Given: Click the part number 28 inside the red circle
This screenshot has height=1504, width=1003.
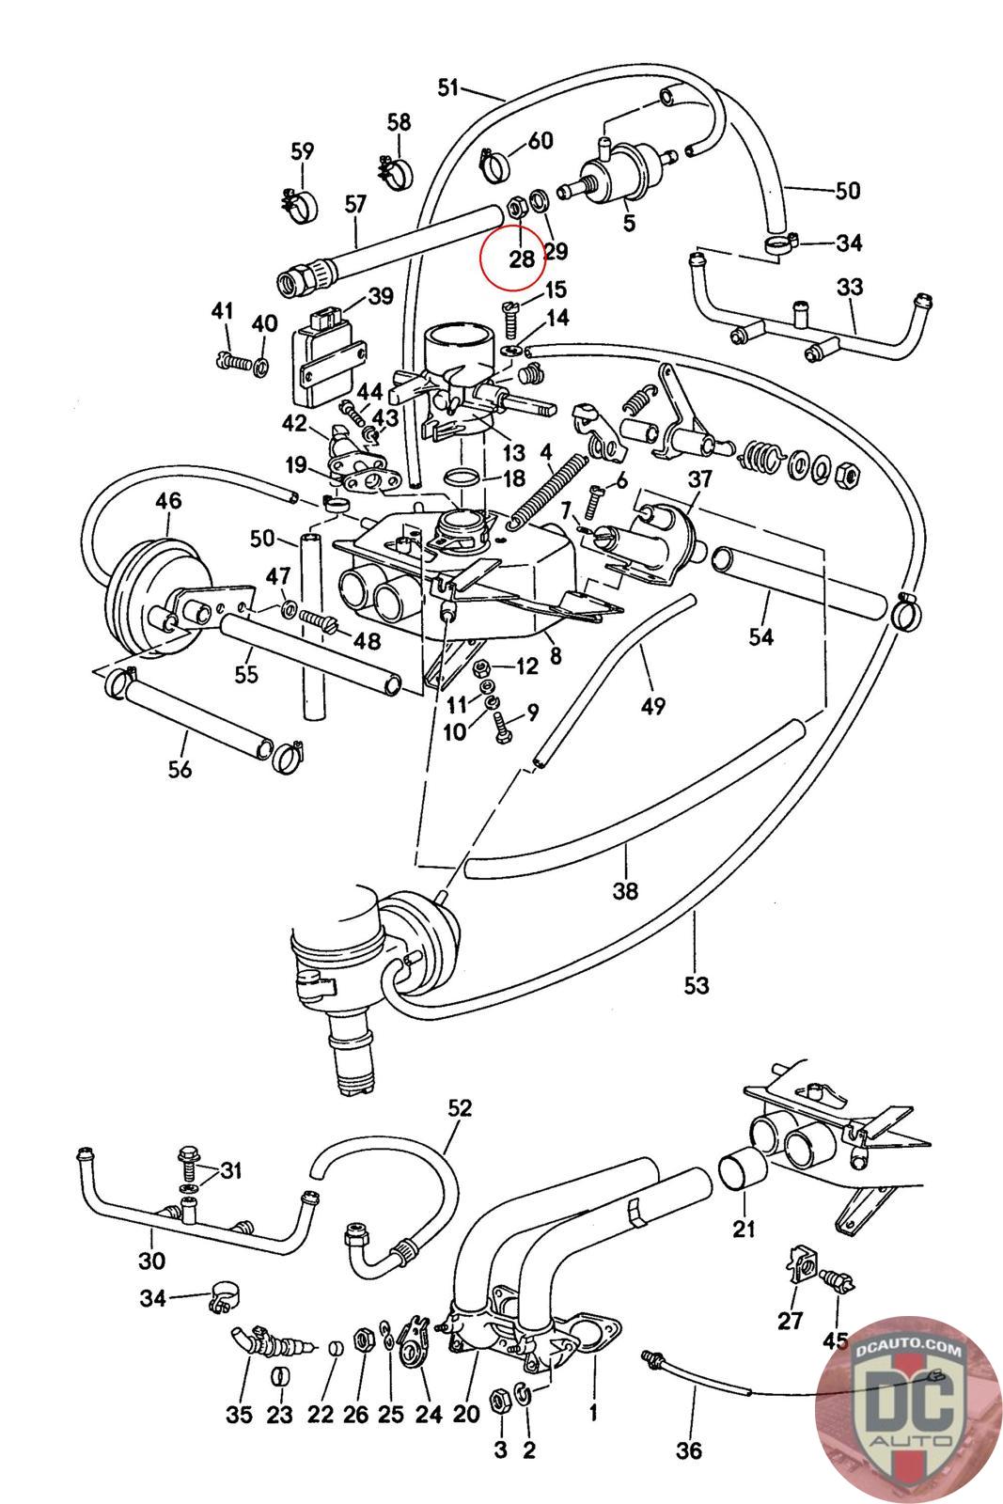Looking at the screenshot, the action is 521,259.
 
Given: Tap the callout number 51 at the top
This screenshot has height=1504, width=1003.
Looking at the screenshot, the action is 448,87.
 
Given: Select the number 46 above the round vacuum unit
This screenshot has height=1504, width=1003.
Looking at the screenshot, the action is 168,502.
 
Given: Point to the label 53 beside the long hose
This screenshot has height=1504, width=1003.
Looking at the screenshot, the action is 697,986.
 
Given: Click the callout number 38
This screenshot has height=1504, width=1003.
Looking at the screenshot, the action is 625,890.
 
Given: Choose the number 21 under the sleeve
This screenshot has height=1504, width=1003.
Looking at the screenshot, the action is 744,1228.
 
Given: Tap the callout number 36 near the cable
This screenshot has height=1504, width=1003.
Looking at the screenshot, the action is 689,1450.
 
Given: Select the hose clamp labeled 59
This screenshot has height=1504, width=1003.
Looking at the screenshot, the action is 297,204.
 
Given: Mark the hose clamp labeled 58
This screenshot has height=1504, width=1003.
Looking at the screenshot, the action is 395,172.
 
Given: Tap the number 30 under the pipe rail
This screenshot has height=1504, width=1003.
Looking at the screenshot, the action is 151,1261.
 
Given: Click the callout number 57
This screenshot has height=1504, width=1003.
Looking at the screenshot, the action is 356,205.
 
